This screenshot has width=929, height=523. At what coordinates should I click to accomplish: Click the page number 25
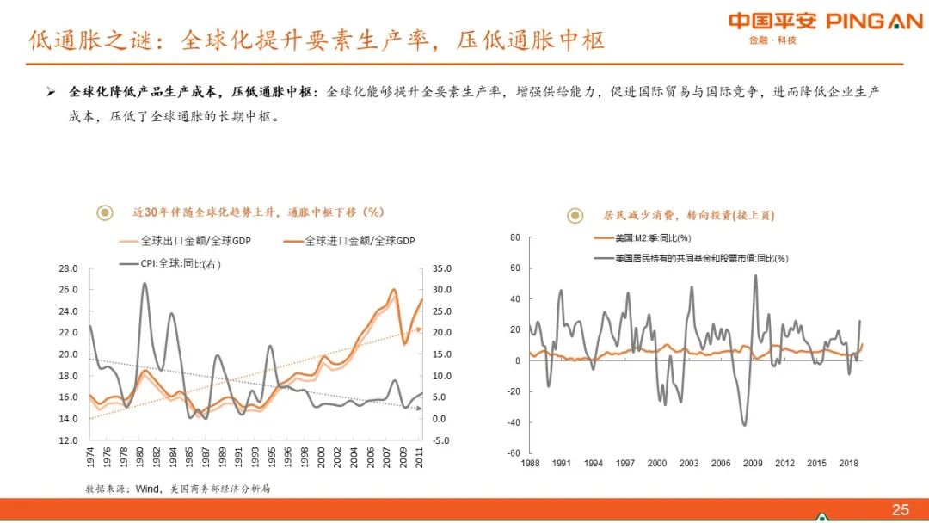coord(900,510)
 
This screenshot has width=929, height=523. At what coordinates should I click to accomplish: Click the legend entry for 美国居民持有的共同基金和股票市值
coord(702,257)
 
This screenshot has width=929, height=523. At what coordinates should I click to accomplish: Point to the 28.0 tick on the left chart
coord(68,268)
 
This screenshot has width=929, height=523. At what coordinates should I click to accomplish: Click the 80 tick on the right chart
coord(514,237)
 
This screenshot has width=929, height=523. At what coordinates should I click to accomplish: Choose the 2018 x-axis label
coord(847,464)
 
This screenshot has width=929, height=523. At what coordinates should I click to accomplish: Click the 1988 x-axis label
coord(530,464)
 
